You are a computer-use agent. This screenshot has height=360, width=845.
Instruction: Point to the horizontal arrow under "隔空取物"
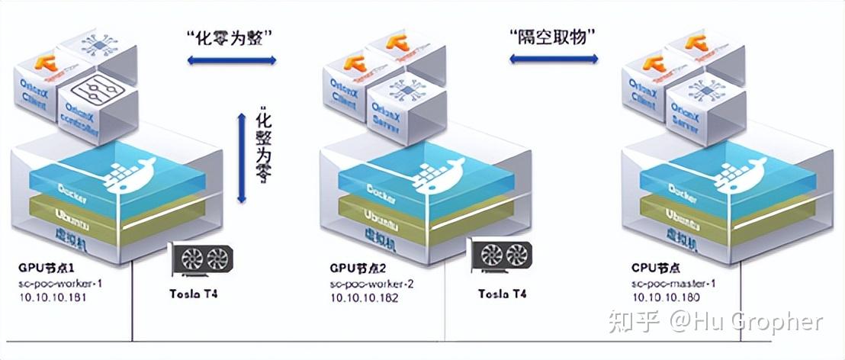click(554, 58)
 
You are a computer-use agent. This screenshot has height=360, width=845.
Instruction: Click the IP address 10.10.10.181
click(52, 297)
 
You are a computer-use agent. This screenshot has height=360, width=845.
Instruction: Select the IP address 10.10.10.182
click(364, 297)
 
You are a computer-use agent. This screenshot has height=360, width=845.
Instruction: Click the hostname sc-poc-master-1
click(674, 283)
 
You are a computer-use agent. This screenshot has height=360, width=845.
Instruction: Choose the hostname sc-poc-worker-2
click(371, 283)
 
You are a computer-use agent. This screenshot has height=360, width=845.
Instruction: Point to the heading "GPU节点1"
click(47, 269)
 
